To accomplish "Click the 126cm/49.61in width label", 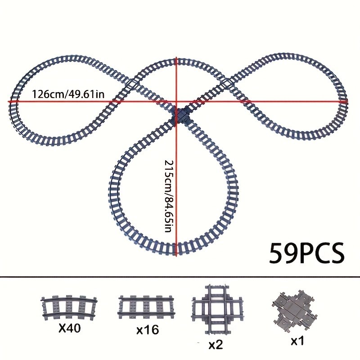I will coord(68,94).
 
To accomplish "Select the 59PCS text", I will coord(306,254).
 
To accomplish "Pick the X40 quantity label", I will coord(69,328).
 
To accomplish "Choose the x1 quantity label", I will coord(297,341).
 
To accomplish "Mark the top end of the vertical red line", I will coord(176,58).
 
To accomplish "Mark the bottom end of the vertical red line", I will coord(176,255).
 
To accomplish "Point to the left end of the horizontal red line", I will coord(9,102).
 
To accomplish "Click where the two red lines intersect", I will coord(176,102).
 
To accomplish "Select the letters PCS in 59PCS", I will coord(320,254).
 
